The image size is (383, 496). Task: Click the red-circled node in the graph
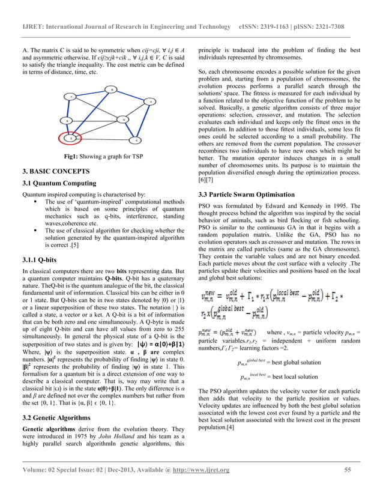pyautogui.click(x=71, y=138)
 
